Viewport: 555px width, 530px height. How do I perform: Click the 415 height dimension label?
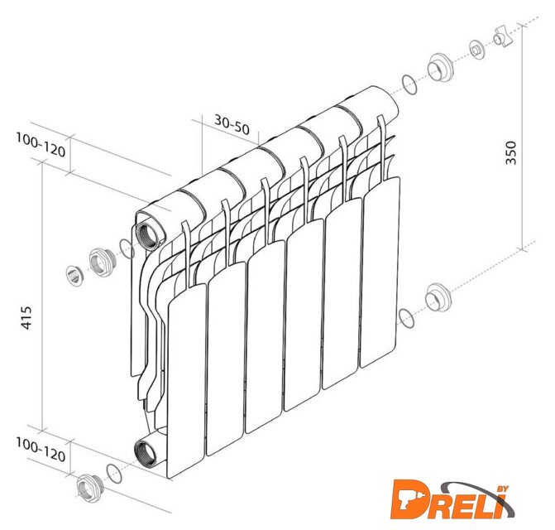coord(26,318)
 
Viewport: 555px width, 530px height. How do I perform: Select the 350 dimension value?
coord(511,152)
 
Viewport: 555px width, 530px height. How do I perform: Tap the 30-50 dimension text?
coord(232,124)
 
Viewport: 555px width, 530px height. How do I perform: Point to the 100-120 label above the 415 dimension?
coord(41,145)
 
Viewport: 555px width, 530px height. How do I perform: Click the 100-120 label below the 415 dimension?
coord(41,450)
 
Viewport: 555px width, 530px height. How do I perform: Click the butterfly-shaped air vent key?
coord(504,36)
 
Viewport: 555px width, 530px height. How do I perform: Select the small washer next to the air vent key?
coord(477,50)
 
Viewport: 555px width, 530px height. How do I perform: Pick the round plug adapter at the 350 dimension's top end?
coord(441,67)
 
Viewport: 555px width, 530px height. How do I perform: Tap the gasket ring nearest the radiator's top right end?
coord(409,84)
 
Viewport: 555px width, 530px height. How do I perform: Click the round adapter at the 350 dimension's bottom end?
coord(438,297)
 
